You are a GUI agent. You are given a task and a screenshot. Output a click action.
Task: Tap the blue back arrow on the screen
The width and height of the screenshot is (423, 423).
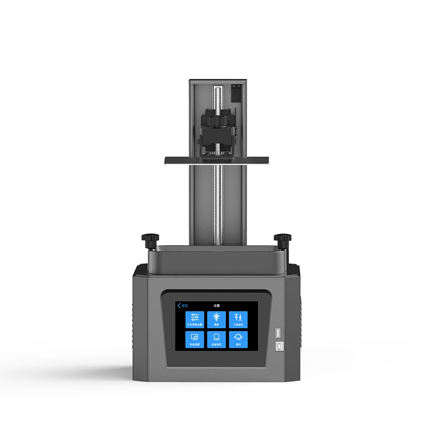coord(179,305)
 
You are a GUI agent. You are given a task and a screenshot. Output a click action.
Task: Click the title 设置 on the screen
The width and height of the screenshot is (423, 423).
coord(216,305)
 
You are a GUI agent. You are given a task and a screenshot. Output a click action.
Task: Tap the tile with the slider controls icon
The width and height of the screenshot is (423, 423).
coord(195,320)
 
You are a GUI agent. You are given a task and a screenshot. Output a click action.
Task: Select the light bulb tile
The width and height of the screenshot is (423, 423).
coord(217,320)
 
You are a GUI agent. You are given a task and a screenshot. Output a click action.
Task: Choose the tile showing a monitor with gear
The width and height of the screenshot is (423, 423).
coord(195,339)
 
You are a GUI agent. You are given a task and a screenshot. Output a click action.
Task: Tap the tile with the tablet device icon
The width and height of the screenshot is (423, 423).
coord(217,339)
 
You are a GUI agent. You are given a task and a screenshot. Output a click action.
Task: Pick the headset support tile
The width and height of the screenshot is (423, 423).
coord(238,339)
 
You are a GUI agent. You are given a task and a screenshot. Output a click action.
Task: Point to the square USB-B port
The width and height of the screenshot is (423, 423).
coord(279,346)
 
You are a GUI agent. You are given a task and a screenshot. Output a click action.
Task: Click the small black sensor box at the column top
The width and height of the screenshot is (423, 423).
coord(236,92)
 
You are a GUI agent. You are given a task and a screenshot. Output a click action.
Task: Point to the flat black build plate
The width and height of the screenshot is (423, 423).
coord(217,159)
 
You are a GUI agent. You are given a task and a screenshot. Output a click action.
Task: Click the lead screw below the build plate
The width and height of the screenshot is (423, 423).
coord(217,203)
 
